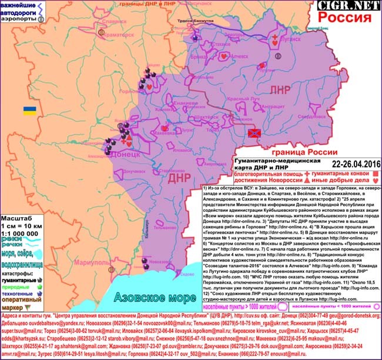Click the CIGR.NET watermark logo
pos(347,6)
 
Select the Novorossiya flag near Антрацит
pos(253,136)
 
